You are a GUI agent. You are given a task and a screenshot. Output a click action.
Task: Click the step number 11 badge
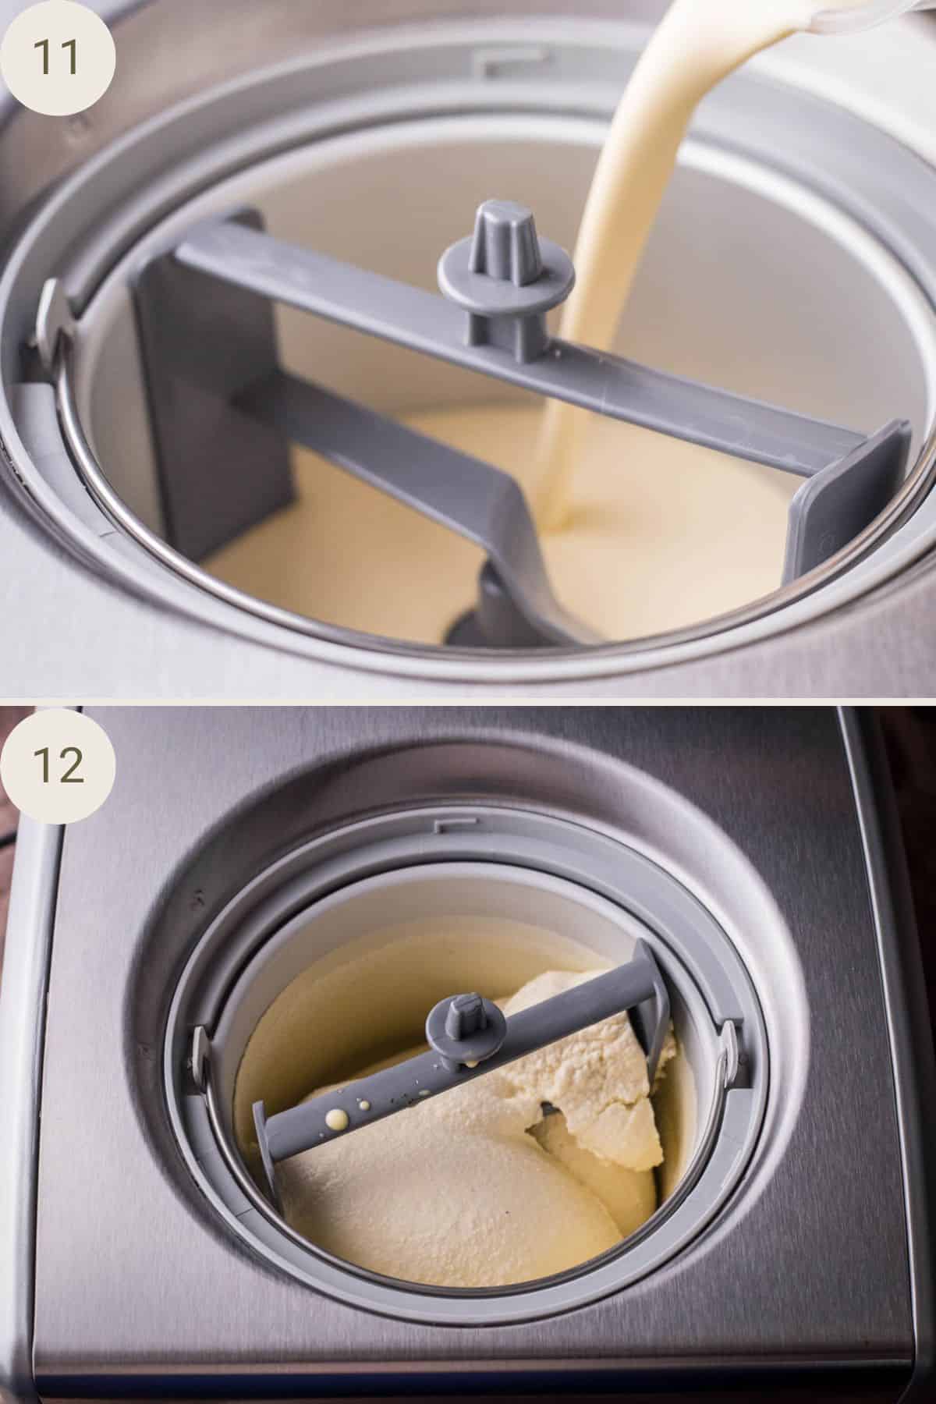click(x=57, y=58)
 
